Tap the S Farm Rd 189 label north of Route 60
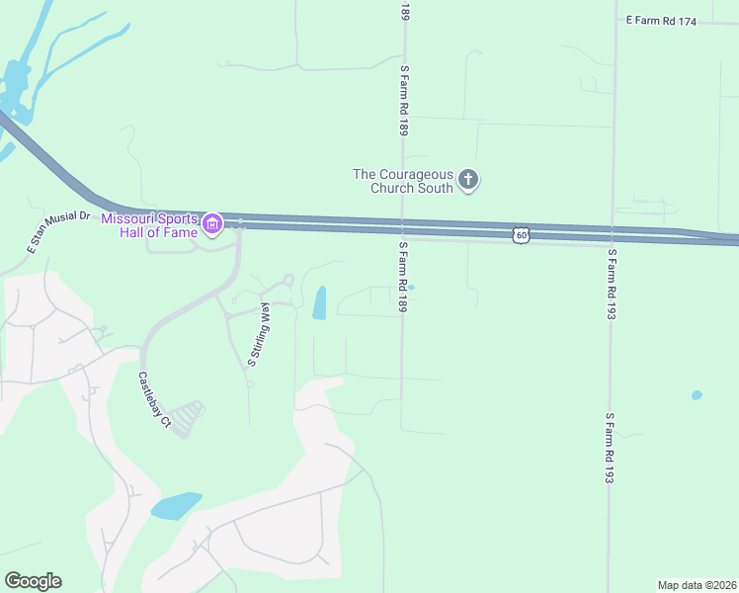[404, 101]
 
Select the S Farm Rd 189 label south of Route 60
[404, 278]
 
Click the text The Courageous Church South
[403, 181]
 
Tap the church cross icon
[468, 180]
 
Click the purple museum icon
[211, 225]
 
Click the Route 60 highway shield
[522, 234]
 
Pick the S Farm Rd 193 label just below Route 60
[613, 283]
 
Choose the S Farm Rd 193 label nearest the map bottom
[611, 448]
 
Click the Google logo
[33, 581]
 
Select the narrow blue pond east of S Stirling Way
[320, 303]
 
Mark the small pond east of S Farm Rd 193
[698, 395]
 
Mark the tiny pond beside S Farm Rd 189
[412, 288]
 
